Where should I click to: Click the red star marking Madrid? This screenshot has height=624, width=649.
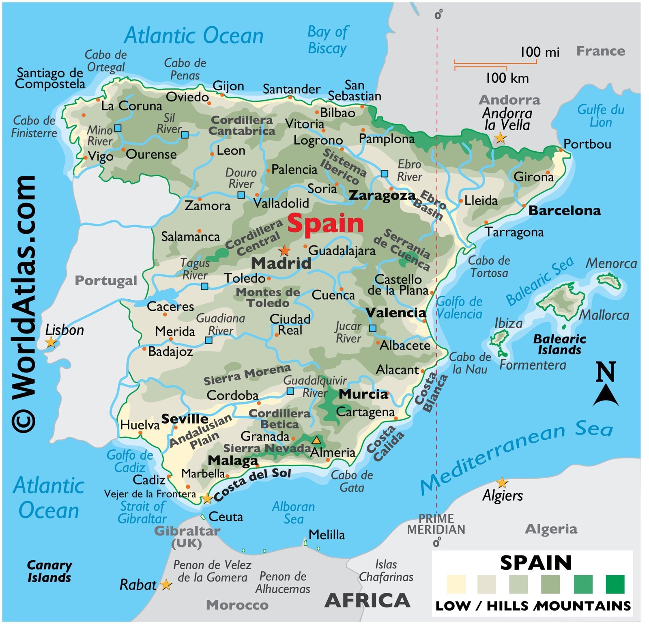285,250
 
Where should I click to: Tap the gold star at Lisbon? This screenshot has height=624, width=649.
51,342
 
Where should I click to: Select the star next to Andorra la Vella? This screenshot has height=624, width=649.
501,138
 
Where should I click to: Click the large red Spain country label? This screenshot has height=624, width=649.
325,224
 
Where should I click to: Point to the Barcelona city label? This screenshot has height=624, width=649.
565,211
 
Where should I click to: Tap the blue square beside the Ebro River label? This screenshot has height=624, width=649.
384,174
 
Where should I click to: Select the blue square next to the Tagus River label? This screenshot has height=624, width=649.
204,286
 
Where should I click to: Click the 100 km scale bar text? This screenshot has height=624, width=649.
507,78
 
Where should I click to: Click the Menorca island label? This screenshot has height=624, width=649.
611,264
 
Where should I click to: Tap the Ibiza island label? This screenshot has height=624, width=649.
508,323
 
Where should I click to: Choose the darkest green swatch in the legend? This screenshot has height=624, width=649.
615,584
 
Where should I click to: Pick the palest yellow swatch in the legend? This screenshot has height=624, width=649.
456,584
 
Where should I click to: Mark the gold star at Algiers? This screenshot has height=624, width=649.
502,483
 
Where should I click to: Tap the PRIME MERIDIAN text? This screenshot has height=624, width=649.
436,524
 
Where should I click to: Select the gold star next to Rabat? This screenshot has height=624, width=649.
166,585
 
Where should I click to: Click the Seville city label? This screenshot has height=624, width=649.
185,419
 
